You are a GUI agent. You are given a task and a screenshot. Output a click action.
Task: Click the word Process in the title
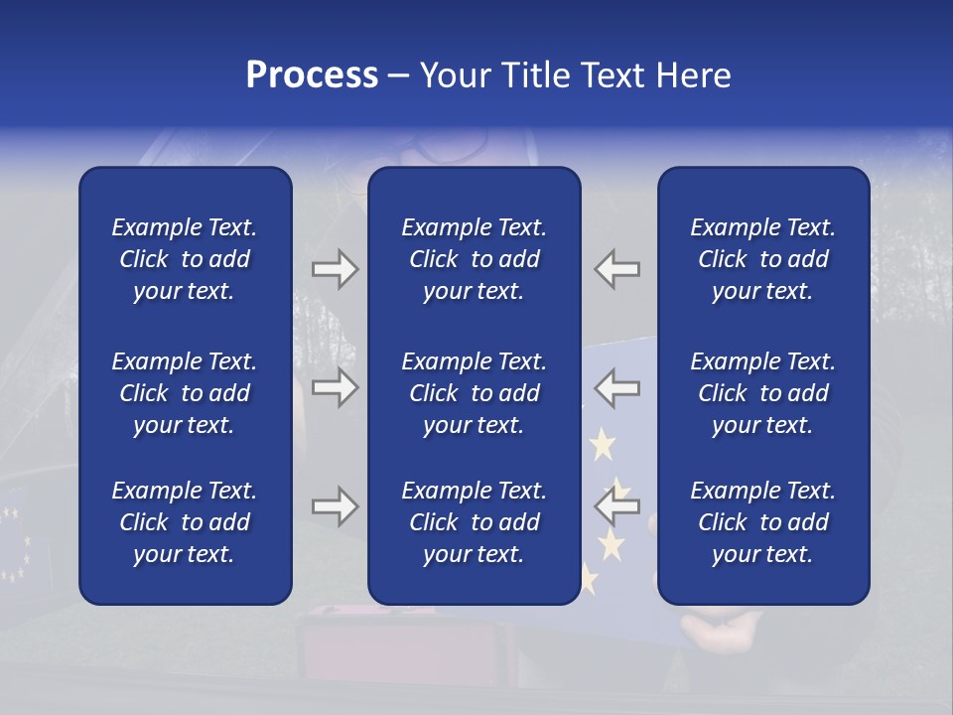click(x=312, y=75)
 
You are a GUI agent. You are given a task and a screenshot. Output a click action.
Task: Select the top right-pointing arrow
click(x=335, y=269)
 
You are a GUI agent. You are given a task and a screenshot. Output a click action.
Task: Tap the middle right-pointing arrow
click(x=335, y=386)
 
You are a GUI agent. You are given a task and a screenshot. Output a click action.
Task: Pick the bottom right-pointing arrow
click(x=335, y=506)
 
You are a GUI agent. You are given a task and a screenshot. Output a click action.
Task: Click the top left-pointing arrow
click(x=616, y=269)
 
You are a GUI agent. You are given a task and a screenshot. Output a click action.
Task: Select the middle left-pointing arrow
click(x=616, y=386)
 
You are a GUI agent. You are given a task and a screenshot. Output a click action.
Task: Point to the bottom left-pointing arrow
click(x=616, y=506)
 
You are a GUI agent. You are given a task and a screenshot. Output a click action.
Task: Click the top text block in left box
click(x=185, y=259)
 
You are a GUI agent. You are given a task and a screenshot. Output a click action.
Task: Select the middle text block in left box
click(x=185, y=393)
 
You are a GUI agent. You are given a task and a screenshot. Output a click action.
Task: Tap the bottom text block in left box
click(x=185, y=522)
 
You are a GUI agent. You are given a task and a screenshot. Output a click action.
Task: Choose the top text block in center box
click(x=474, y=259)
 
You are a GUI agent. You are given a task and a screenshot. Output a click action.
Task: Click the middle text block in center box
click(x=474, y=393)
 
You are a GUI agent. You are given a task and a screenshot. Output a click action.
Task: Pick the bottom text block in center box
click(x=474, y=522)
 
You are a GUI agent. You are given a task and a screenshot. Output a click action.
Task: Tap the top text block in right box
click(x=763, y=259)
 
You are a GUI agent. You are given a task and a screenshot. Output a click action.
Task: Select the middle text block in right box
click(x=763, y=393)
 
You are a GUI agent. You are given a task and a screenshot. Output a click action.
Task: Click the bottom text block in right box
click(x=763, y=522)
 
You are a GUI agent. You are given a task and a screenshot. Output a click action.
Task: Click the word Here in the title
click(x=693, y=75)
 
